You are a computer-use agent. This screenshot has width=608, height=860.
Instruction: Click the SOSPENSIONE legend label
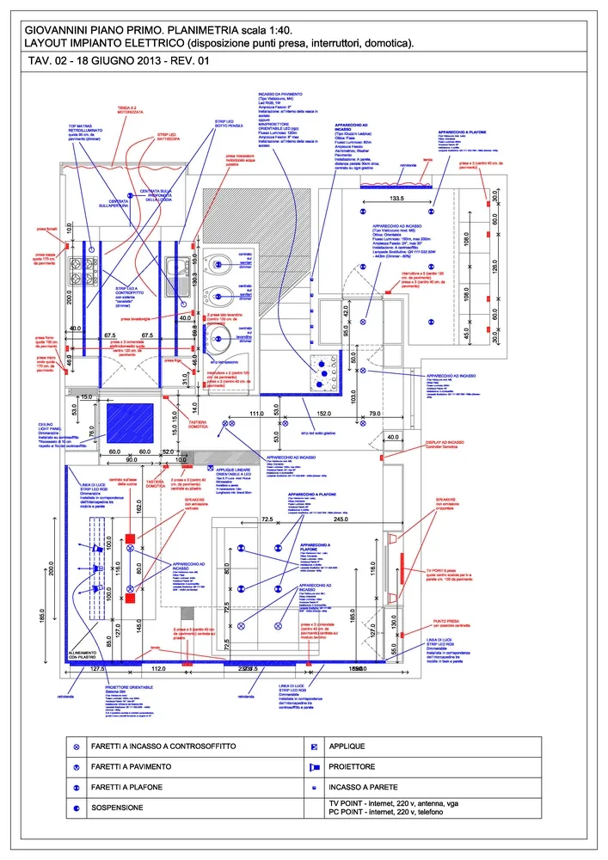[x=121, y=808]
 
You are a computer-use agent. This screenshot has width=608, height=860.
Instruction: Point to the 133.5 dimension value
[x=397, y=198]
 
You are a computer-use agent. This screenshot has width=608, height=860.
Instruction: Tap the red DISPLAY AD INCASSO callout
[x=445, y=444]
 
